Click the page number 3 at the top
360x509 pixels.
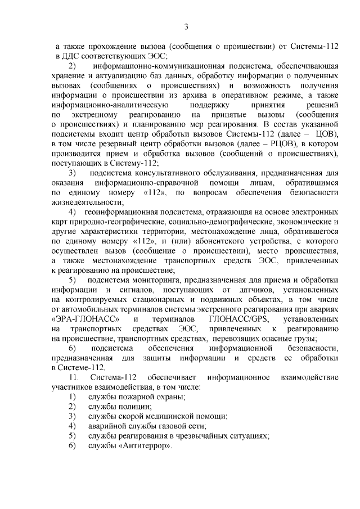click(x=186, y=25)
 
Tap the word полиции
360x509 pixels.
click(x=121, y=406)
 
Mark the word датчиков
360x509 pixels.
click(x=244, y=290)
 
